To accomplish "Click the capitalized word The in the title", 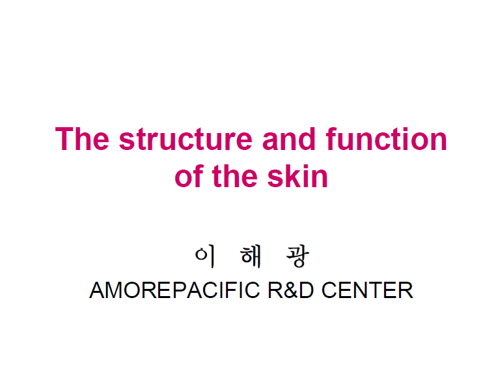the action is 82,139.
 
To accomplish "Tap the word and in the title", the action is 289,139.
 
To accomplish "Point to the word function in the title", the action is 386,139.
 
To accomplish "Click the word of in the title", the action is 189,176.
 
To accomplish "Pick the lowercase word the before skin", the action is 234,176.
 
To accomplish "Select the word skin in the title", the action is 298,176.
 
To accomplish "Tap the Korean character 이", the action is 205,256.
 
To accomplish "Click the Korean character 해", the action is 251,256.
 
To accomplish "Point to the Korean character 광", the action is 298,256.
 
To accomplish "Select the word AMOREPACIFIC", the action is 174,290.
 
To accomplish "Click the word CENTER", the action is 367,290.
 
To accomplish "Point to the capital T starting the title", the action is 64,139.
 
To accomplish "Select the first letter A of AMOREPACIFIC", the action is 98,290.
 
